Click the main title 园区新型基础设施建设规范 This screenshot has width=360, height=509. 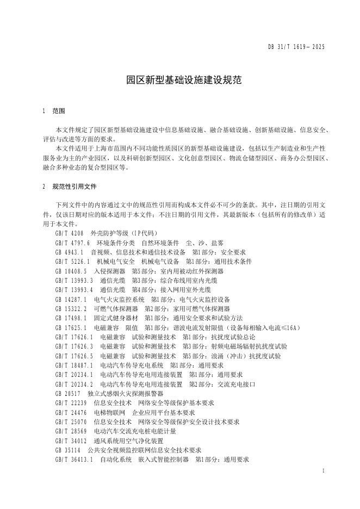click(x=180, y=80)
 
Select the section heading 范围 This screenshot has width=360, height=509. click(x=59, y=111)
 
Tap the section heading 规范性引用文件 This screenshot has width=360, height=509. click(x=75, y=186)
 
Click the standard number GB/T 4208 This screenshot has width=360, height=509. click(x=70, y=233)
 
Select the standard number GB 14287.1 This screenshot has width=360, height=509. click(x=71, y=299)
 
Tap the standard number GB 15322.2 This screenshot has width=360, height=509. click(x=71, y=308)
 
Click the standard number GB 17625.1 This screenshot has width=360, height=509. click(x=71, y=327)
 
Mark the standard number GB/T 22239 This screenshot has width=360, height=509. click(x=71, y=403)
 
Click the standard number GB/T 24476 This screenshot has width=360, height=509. click(x=71, y=412)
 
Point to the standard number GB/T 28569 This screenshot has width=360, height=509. click(x=71, y=431)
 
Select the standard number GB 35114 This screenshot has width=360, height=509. click(x=68, y=450)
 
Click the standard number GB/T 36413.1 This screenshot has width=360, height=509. click(x=74, y=460)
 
